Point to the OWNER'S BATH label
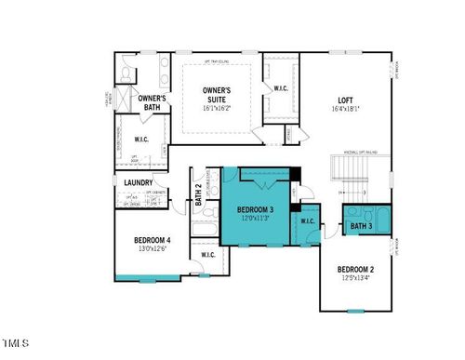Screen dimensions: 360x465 152,103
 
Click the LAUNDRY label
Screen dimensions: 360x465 139,182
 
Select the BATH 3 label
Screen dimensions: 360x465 361,226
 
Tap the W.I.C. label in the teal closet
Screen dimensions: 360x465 309,221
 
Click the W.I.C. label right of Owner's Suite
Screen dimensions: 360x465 280,88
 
